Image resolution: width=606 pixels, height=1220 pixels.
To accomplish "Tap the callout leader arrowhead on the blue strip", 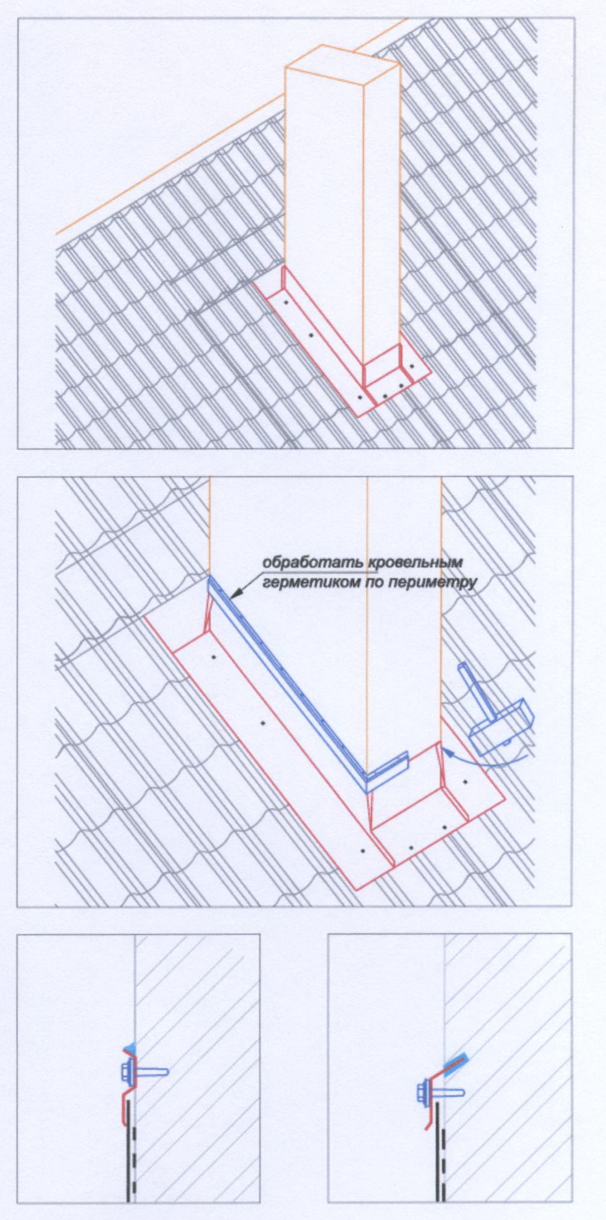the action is point(234,595).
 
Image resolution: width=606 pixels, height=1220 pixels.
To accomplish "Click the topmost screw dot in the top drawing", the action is point(285,301).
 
